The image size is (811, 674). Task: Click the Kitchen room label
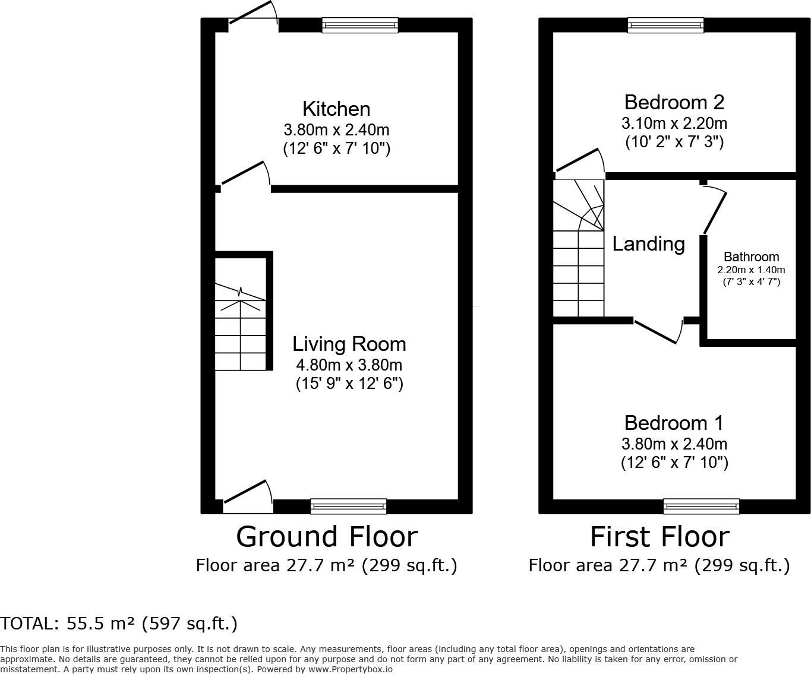[336, 109]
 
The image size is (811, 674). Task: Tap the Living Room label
[349, 344]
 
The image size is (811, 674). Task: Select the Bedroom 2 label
[674, 103]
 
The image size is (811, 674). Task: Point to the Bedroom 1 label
[674, 423]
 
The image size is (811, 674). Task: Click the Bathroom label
[751, 257]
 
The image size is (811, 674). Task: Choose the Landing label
[648, 244]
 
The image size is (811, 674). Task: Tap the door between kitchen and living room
[245, 175]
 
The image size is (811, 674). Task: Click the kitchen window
[360, 25]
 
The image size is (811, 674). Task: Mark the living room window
[348, 507]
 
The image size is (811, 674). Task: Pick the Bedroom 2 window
[665, 25]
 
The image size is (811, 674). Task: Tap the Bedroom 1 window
[701, 507]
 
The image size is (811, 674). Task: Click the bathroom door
[715, 211]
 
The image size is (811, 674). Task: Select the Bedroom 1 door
[657, 331]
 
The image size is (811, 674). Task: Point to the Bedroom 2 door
[579, 162]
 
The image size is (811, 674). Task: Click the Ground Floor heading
[327, 537]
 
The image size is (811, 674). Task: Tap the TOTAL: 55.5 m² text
[119, 624]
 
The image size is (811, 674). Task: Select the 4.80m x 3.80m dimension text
[349, 365]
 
